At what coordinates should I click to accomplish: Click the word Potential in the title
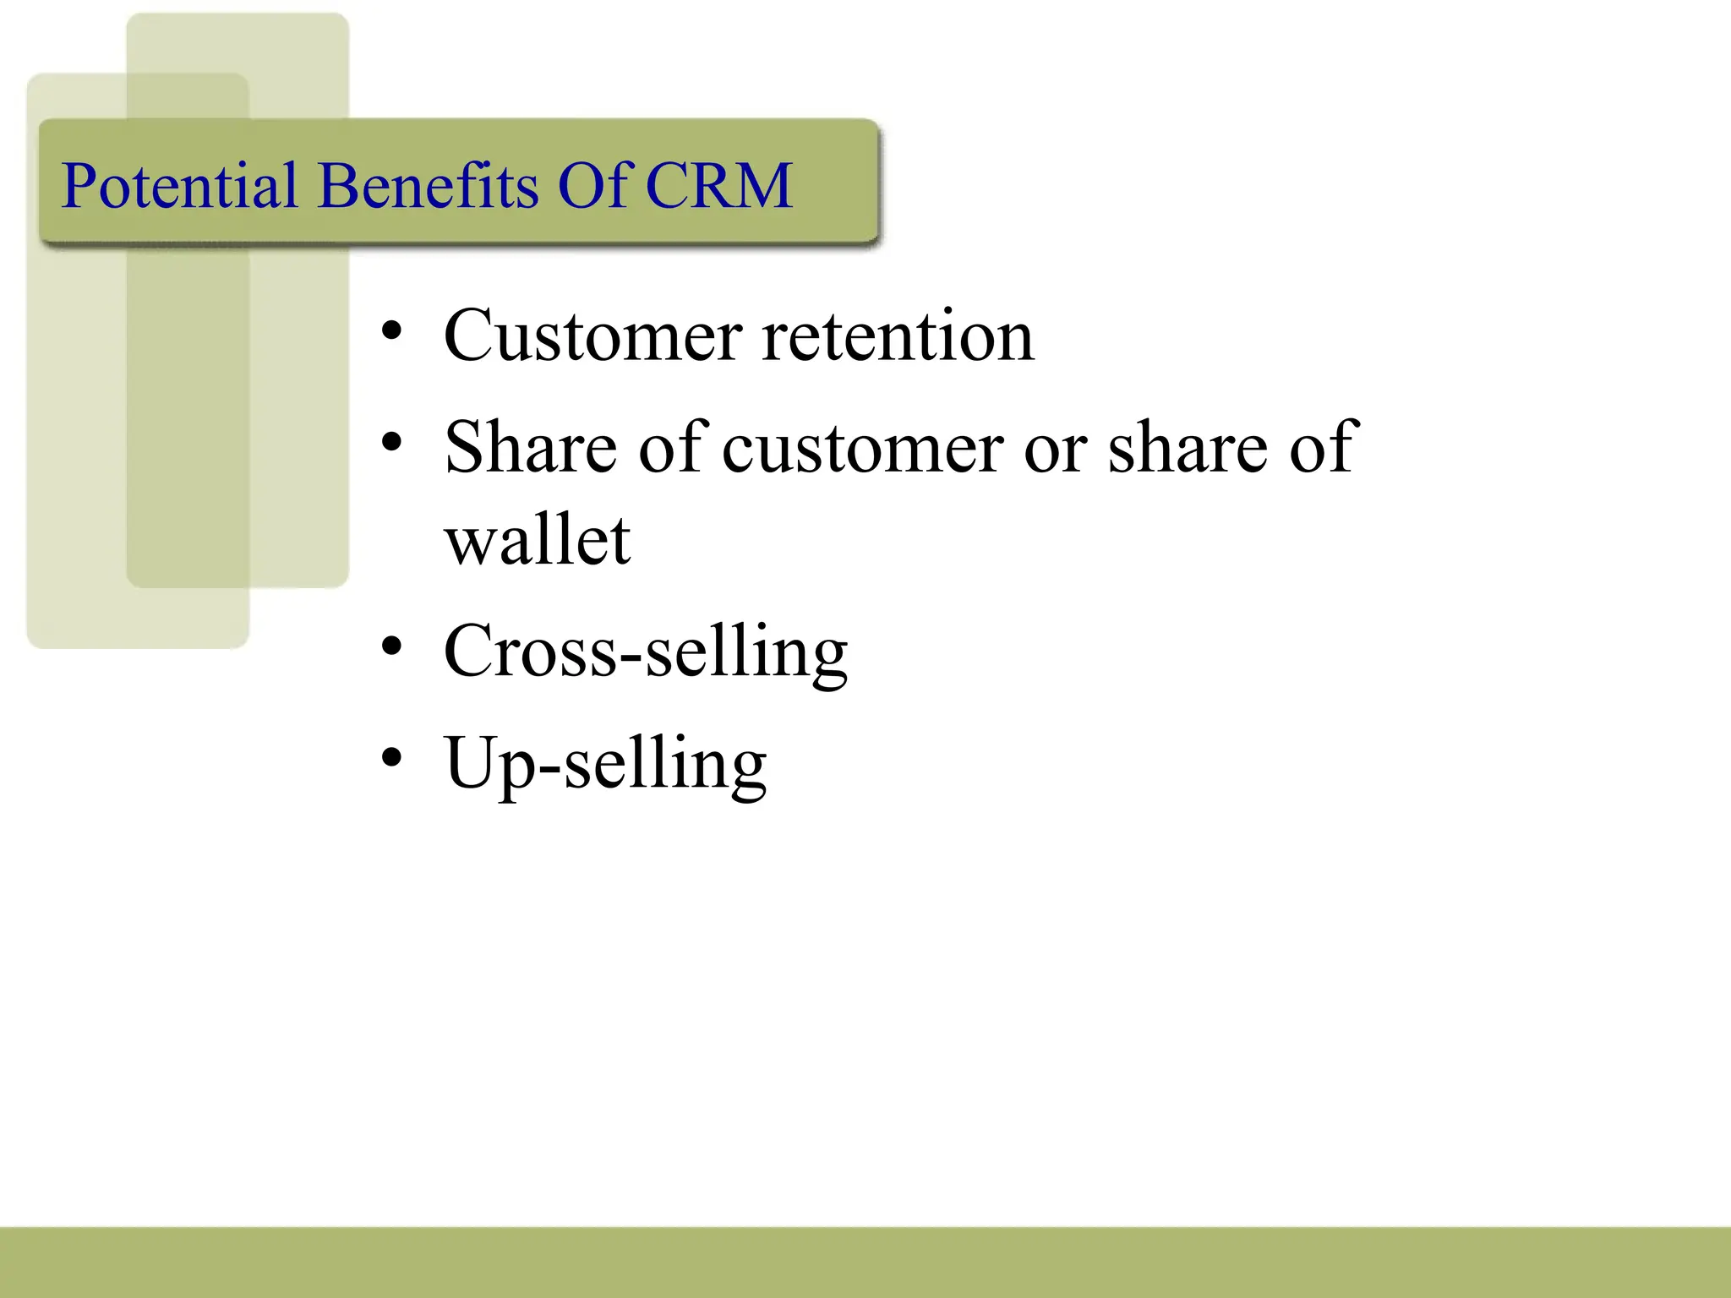click(179, 185)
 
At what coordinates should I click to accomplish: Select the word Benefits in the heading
click(428, 185)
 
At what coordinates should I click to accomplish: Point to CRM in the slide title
click(719, 185)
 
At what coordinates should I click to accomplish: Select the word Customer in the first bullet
click(592, 336)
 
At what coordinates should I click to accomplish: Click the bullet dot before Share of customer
click(390, 442)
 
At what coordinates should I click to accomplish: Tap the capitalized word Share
click(531, 448)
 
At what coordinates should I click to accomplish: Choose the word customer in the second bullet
click(863, 448)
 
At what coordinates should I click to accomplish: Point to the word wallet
click(538, 541)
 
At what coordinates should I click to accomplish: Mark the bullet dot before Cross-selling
click(390, 646)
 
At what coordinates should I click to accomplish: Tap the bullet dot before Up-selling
click(390, 757)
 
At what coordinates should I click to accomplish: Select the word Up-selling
click(605, 764)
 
